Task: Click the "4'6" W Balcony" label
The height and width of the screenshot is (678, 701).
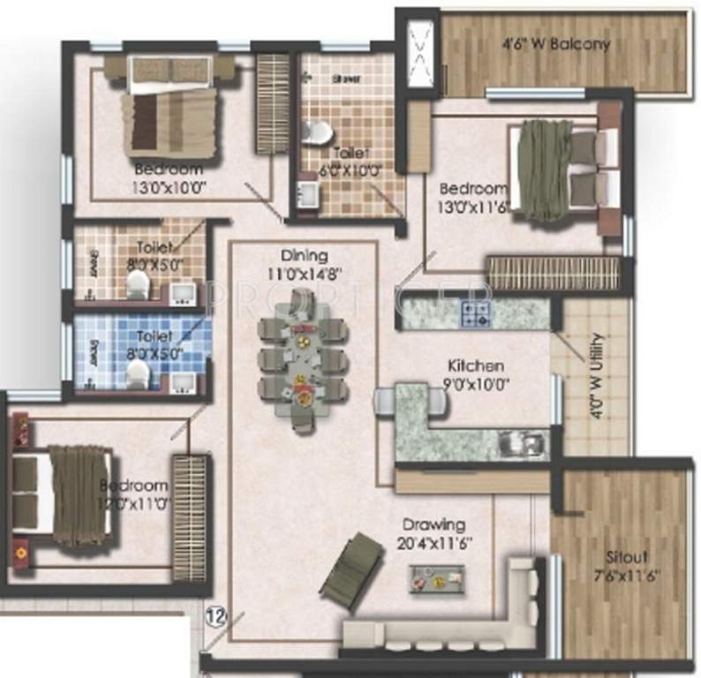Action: (556, 44)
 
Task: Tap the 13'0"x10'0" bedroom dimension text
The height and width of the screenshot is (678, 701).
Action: (169, 185)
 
